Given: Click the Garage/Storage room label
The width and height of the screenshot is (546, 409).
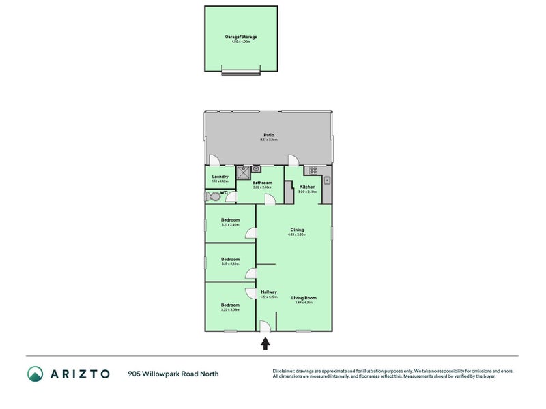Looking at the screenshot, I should (241, 36).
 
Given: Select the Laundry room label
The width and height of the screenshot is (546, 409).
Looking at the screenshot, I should (220, 177).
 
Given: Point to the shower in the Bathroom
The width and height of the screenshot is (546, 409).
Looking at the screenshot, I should (243, 172).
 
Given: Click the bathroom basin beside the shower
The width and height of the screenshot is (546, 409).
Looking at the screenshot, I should (257, 168).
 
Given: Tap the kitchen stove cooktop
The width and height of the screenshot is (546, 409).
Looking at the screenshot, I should (313, 170).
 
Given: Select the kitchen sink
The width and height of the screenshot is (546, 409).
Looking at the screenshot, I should (328, 181).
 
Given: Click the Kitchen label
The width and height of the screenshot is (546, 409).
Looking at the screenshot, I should (307, 187).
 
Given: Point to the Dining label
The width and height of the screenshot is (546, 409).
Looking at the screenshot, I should (297, 230).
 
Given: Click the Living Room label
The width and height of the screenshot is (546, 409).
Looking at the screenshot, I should (304, 297).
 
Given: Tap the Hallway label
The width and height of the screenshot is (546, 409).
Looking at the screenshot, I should (269, 292).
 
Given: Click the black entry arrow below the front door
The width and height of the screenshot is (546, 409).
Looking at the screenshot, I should (265, 343).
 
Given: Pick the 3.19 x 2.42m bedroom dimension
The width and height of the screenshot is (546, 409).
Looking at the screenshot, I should (230, 264).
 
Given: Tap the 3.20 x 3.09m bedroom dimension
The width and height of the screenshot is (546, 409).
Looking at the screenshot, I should (230, 309).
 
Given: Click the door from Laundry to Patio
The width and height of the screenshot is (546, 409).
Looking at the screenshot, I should (213, 161).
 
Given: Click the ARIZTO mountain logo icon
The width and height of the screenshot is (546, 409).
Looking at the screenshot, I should (35, 374).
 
